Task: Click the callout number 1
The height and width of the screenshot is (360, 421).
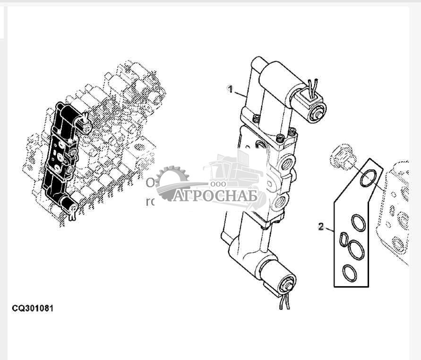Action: click(230, 89)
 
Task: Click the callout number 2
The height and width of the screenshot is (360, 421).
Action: click(321, 227)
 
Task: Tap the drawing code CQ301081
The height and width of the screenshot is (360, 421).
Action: click(33, 308)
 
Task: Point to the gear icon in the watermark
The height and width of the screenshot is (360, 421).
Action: click(171, 182)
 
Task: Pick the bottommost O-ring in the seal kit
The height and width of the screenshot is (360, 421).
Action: click(350, 272)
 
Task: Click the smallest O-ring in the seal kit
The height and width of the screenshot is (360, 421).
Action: click(344, 239)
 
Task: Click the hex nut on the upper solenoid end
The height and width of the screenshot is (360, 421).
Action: click(318, 114)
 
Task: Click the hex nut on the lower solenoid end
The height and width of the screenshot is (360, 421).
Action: click(286, 287)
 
